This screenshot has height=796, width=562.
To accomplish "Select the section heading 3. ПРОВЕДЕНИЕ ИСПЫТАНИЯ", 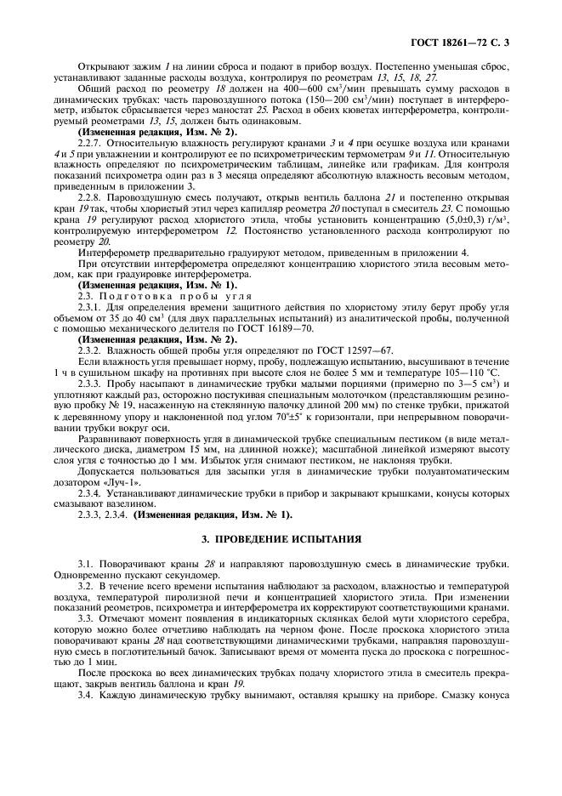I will click(x=281, y=539).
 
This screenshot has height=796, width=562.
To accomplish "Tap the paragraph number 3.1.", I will click(x=86, y=563).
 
